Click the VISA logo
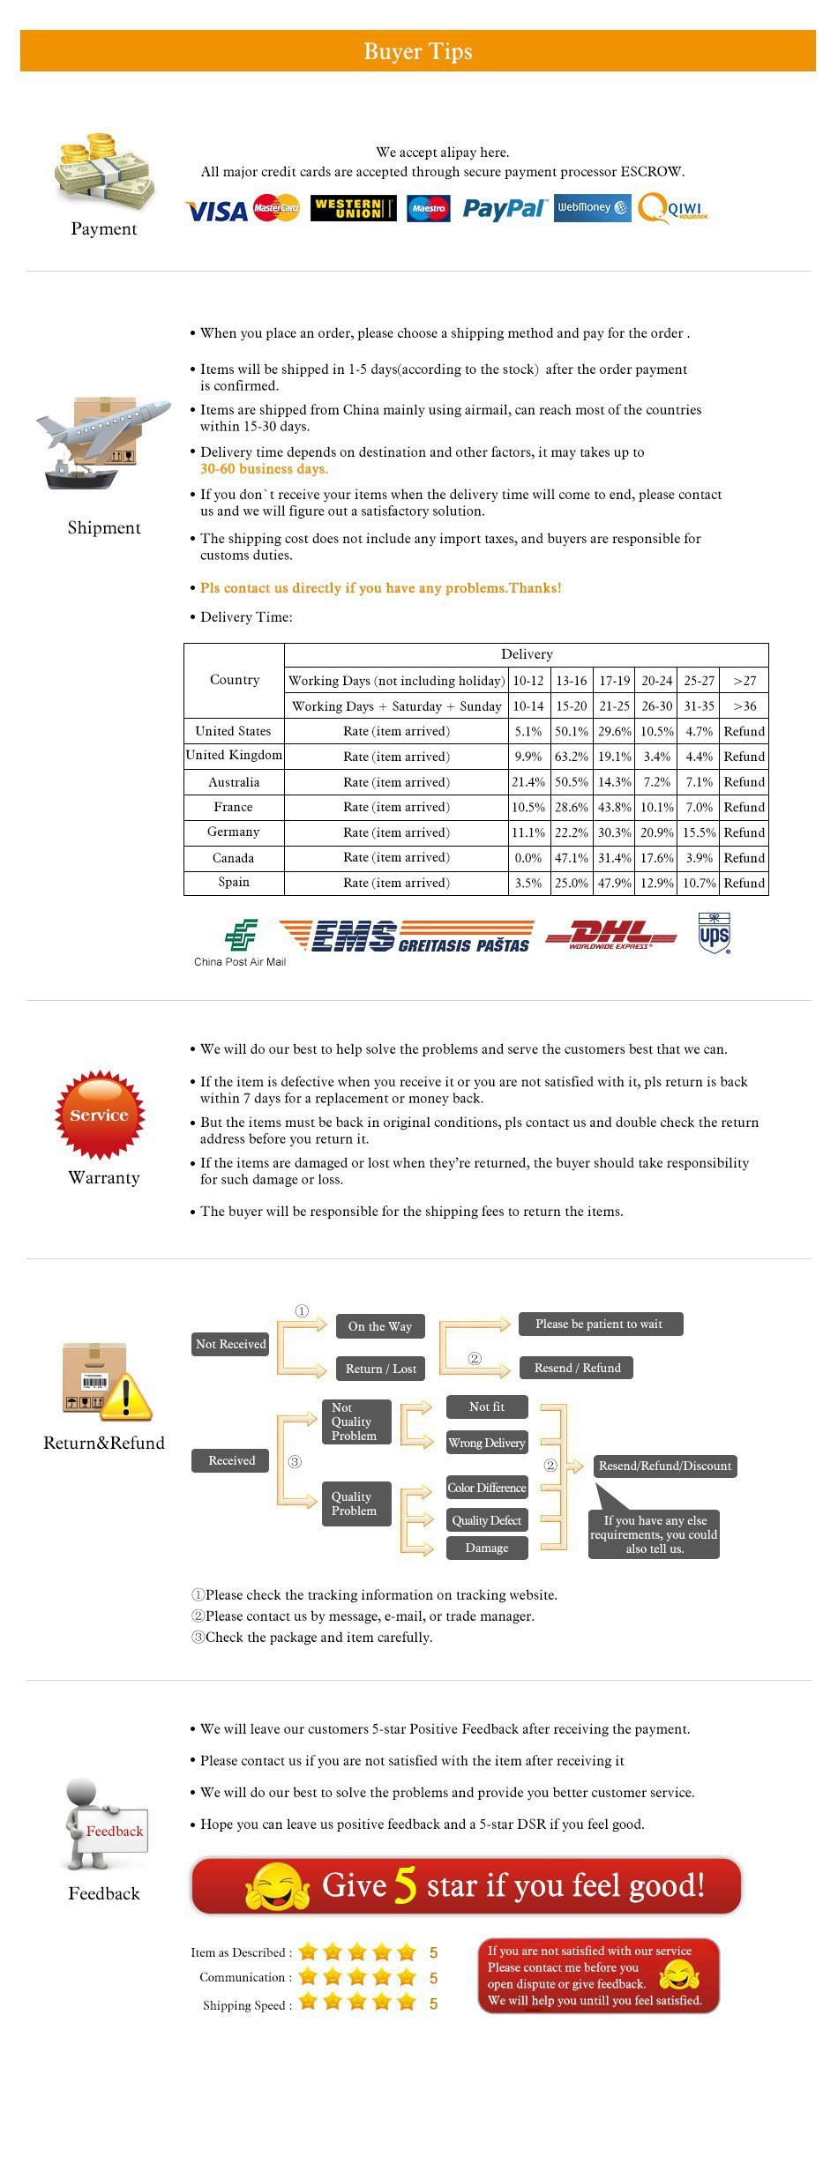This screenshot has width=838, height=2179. pyautogui.click(x=216, y=211)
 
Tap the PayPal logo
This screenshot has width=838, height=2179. pyautogui.click(x=504, y=209)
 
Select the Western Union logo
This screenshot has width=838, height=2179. pyautogui.click(x=353, y=209)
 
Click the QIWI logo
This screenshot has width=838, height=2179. pyautogui.click(x=674, y=209)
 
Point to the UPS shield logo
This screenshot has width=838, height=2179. pyautogui.click(x=714, y=934)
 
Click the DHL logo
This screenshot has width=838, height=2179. pyautogui.click(x=610, y=935)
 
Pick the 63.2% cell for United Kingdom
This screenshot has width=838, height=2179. pyautogui.click(x=572, y=757)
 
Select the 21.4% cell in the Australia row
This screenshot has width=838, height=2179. pyautogui.click(x=528, y=782)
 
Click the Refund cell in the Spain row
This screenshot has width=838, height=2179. pyautogui.click(x=744, y=883)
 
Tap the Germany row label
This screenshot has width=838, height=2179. pyautogui.click(x=234, y=832)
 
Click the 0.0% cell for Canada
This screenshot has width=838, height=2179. pyautogui.click(x=528, y=858)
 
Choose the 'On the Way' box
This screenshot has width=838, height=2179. pyautogui.click(x=380, y=1326)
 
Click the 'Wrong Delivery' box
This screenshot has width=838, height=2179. pyautogui.click(x=487, y=1443)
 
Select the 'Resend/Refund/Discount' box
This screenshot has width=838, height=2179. pyautogui.click(x=665, y=1466)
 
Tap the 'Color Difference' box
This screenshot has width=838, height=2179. pyautogui.click(x=487, y=1488)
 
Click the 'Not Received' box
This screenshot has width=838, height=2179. pyautogui.click(x=230, y=1344)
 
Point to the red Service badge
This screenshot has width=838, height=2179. pyautogui.click(x=100, y=1115)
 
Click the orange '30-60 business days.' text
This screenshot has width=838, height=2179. pyautogui.click(x=264, y=469)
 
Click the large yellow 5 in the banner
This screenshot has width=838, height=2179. pyautogui.click(x=405, y=1885)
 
